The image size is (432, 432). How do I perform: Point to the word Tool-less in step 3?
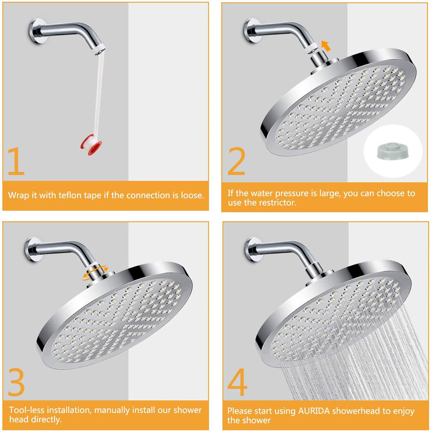tap(28, 410)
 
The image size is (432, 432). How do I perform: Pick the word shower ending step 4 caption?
tap(257, 421)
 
